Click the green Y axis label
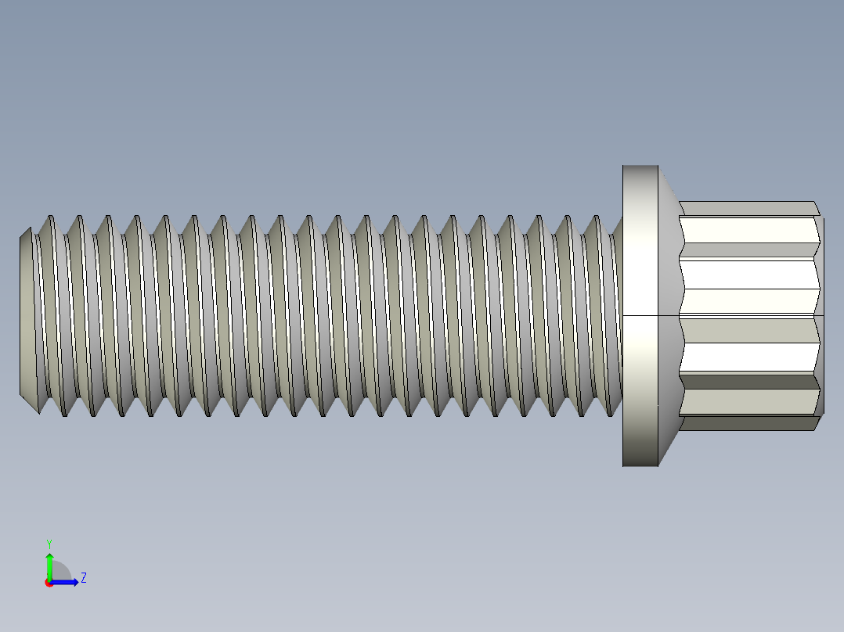49,543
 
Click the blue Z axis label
83,578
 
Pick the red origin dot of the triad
49,583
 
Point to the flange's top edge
640,167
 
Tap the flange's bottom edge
640,465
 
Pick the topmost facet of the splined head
748,208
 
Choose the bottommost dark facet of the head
748,422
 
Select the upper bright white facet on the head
748,275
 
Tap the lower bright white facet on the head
748,357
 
